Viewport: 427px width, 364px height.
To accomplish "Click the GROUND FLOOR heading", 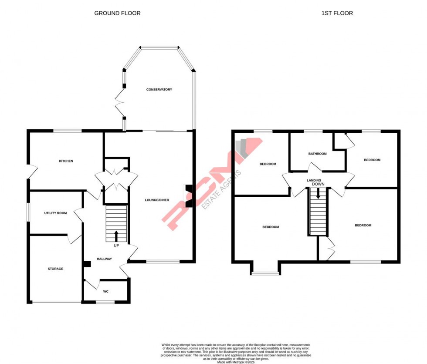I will (x=117, y=13).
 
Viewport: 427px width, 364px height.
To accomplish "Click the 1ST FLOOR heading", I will (x=337, y=13).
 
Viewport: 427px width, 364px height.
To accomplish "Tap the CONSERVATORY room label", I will (x=159, y=90).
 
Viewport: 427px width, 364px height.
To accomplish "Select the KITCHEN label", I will (x=66, y=161).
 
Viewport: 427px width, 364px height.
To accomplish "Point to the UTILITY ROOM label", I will (x=55, y=213).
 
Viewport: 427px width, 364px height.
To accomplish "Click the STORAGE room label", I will (x=55, y=269).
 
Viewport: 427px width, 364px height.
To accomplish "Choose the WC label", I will (x=105, y=291).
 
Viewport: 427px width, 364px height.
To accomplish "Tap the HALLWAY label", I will (x=104, y=259).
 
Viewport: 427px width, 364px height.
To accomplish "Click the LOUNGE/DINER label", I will (x=157, y=200).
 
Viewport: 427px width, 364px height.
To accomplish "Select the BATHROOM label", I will (x=317, y=154).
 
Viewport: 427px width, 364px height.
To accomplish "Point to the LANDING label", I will (x=314, y=180).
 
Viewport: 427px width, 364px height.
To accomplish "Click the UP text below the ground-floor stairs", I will (x=116, y=246).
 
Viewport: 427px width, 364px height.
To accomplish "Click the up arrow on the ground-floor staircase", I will (x=116, y=236).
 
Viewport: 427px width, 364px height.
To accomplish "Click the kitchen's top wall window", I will (x=68, y=131).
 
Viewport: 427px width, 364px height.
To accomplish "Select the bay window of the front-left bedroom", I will (x=265, y=273).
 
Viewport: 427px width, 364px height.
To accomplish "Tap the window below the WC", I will (x=105, y=302).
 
